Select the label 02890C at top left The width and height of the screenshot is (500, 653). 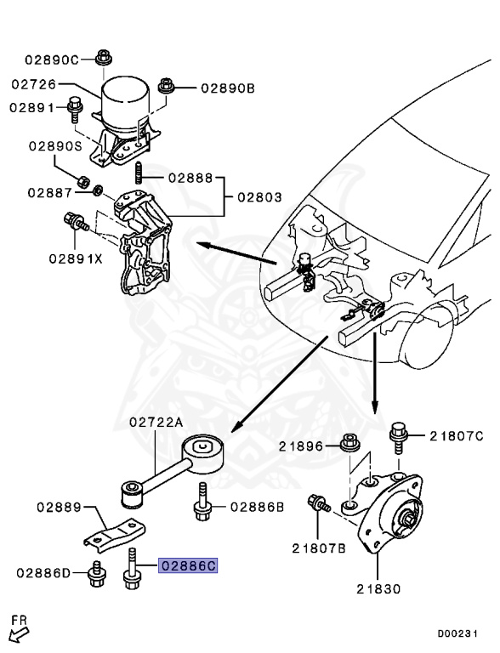[51, 60]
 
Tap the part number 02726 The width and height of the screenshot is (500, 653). [35, 85]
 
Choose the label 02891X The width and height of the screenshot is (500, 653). [75, 258]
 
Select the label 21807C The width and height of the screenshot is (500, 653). [456, 436]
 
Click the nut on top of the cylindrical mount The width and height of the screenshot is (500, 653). [104, 58]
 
